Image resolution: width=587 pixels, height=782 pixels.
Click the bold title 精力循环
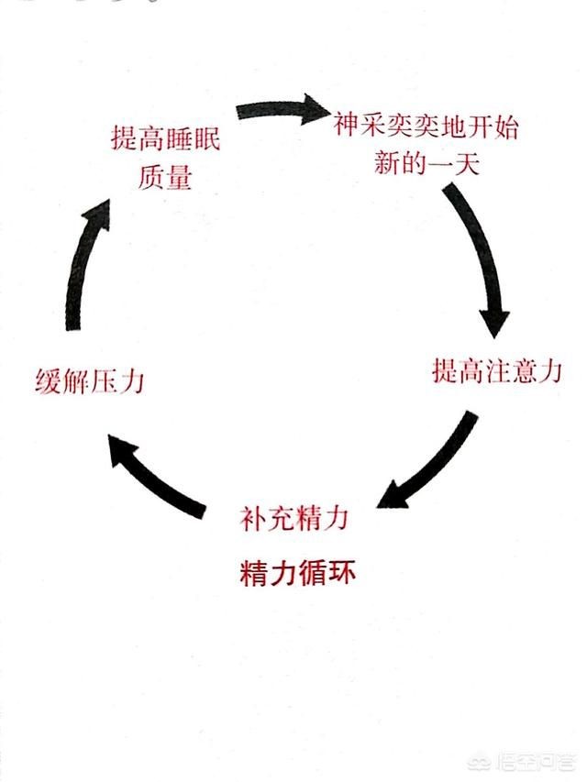point(295,574)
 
